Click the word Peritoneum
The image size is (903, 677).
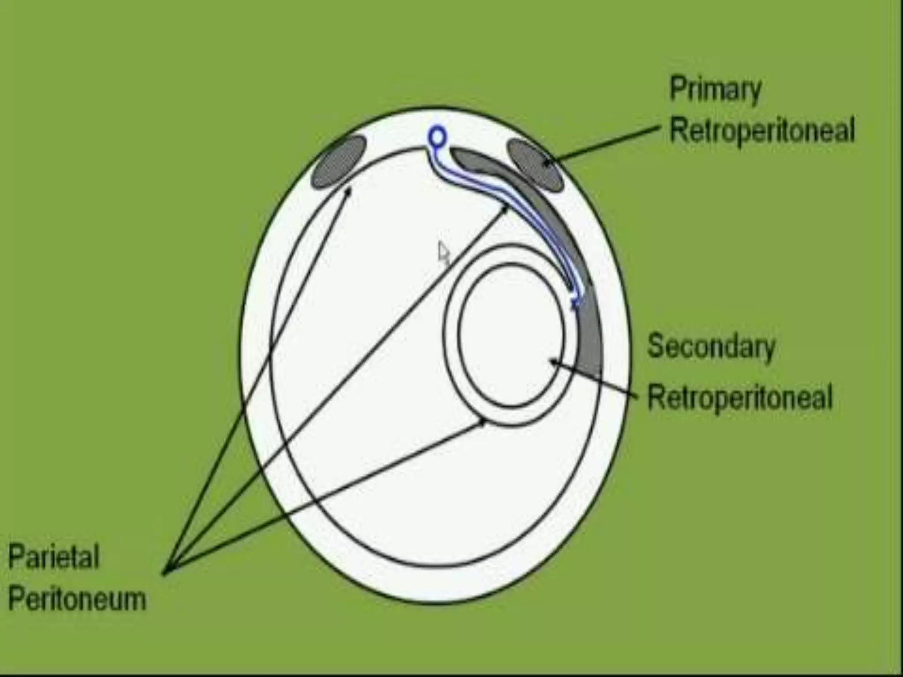[x=77, y=599]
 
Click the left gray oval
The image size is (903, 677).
[x=339, y=162]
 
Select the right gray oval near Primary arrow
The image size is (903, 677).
[x=535, y=164]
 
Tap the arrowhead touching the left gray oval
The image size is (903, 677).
[x=348, y=192]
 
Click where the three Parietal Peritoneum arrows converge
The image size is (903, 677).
[x=165, y=573]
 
